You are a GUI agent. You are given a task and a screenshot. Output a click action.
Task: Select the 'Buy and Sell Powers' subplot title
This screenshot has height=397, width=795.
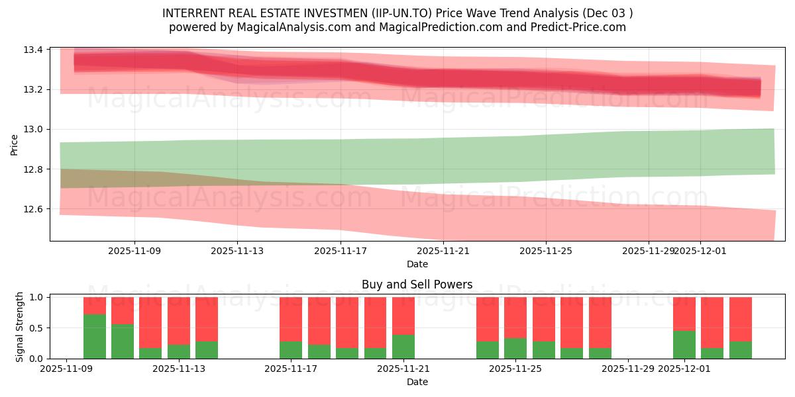(417, 285)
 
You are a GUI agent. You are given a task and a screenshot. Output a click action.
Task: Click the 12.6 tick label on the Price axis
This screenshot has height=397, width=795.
(35, 209)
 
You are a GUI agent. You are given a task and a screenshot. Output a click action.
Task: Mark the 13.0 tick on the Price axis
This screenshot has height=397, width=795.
(35, 130)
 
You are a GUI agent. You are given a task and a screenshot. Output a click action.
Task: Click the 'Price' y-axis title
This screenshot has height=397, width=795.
(15, 144)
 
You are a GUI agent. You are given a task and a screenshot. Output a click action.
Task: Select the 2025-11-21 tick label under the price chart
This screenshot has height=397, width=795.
(443, 251)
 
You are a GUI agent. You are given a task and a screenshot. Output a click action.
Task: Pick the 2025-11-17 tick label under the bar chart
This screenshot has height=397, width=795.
(291, 369)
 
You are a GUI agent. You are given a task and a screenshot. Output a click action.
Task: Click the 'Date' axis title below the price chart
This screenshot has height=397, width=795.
(417, 264)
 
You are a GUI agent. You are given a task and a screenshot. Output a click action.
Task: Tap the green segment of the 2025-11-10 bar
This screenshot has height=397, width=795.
(95, 337)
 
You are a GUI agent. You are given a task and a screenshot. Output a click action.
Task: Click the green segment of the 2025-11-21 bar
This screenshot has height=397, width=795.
(403, 347)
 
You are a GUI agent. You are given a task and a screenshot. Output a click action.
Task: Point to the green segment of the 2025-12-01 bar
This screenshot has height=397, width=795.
(684, 345)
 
